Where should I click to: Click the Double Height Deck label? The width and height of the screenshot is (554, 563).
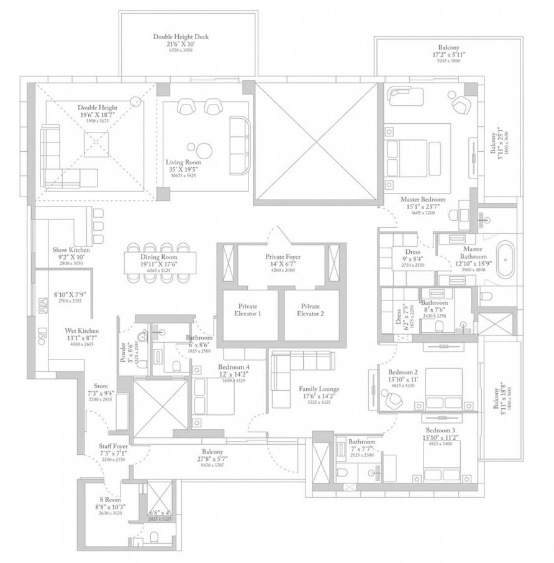pyautogui.click(x=181, y=37)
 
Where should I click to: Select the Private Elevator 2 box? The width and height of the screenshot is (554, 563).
pyautogui.click(x=310, y=310)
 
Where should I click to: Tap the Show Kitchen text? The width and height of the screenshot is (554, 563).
pyautogui.click(x=70, y=250)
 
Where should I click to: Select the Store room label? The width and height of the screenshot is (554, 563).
pyautogui.click(x=101, y=386)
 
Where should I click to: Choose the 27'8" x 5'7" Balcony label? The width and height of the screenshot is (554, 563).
pyautogui.click(x=212, y=452)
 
